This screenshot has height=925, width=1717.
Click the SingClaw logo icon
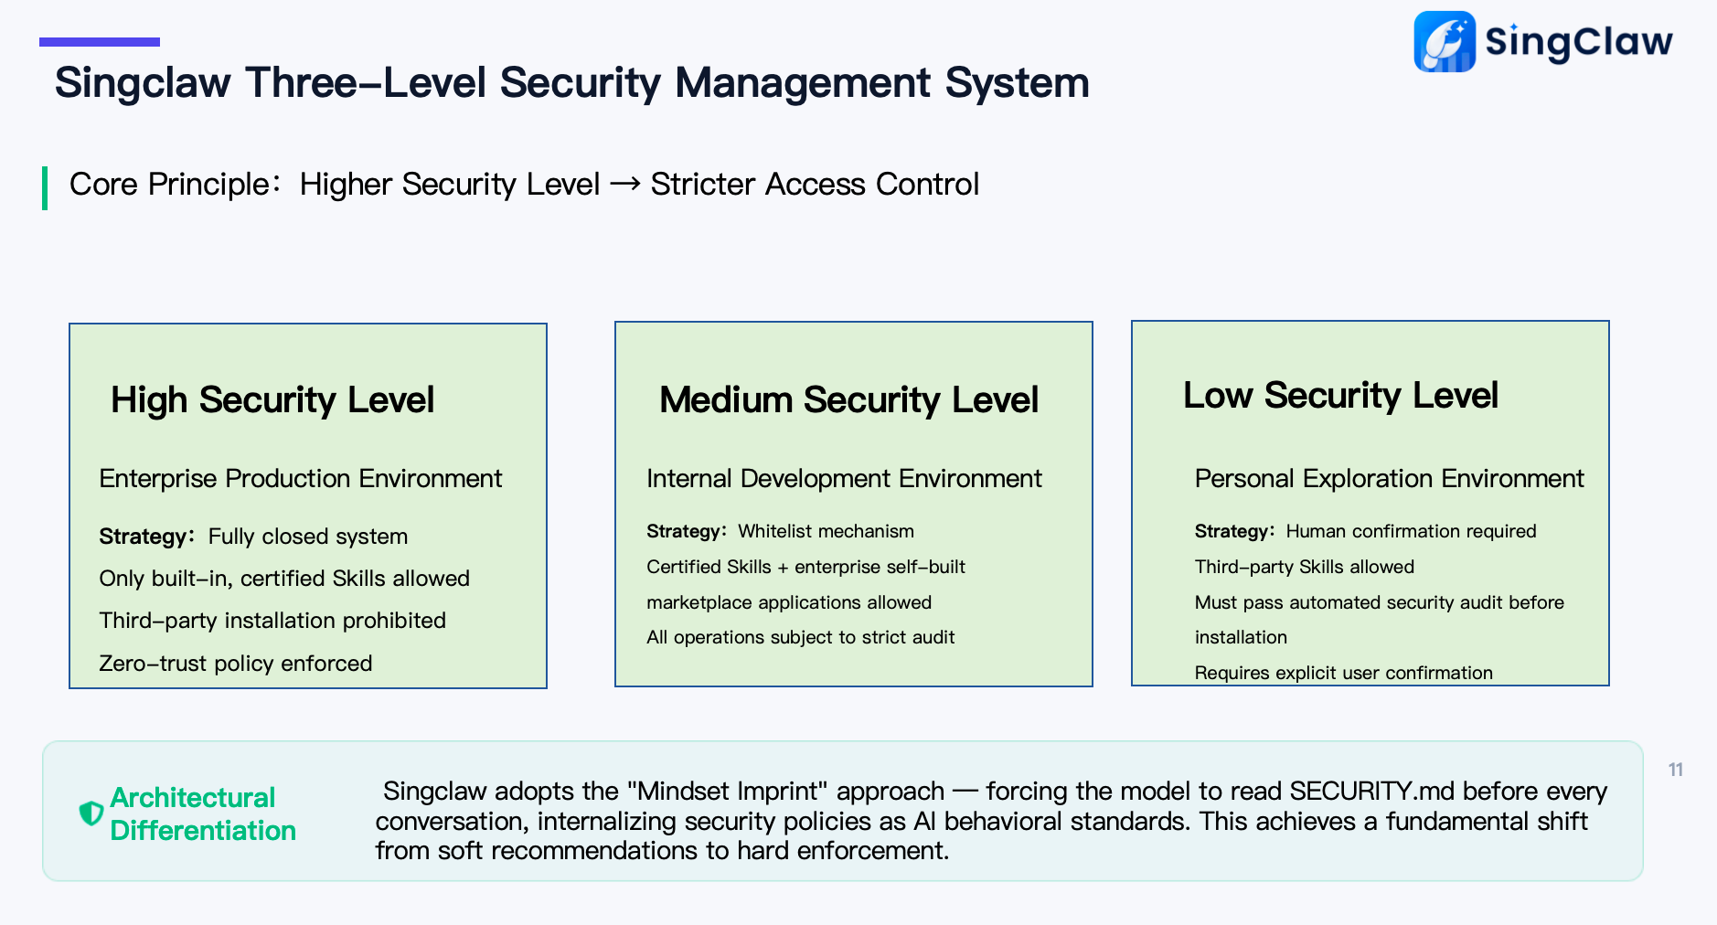point(1445,41)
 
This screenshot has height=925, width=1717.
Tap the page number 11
point(1675,770)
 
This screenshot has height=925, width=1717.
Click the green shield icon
point(91,813)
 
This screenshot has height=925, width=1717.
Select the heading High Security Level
point(272,400)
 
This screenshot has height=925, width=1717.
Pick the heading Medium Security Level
point(848,400)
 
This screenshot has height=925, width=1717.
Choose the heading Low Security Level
point(1340,396)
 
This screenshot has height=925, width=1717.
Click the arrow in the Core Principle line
point(624,185)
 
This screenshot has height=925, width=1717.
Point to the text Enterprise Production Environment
point(300,478)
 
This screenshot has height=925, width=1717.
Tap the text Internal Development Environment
point(844,478)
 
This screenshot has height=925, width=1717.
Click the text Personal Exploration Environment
point(1389,478)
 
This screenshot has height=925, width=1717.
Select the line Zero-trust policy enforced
point(235,664)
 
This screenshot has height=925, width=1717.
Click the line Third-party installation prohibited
point(272,621)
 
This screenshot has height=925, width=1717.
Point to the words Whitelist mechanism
point(826,531)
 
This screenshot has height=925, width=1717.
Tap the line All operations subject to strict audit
point(800,637)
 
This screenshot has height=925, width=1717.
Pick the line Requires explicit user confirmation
point(1343,673)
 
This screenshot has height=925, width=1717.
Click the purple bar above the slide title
point(100,42)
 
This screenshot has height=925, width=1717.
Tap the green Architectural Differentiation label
point(202,813)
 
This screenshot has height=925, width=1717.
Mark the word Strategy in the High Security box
point(143,537)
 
